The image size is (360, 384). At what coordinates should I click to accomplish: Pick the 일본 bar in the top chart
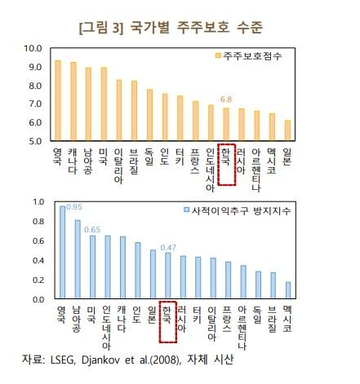pyautogui.click(x=287, y=130)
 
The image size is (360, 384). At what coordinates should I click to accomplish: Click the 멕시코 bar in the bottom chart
pyautogui.click(x=288, y=291)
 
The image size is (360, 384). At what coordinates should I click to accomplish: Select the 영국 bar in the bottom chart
pyautogui.click(x=62, y=253)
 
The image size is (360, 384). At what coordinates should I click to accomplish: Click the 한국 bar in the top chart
pyautogui.click(x=226, y=124)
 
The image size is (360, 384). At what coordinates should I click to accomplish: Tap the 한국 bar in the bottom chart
pyautogui.click(x=167, y=276)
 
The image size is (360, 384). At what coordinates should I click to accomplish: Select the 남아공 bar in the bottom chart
pyautogui.click(x=78, y=260)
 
